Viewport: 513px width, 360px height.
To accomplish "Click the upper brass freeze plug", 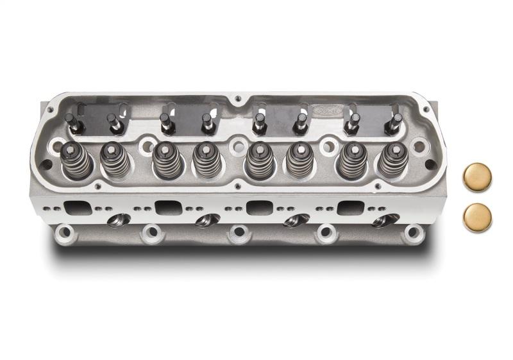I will (477, 177).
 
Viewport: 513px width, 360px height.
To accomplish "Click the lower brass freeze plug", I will (477, 218).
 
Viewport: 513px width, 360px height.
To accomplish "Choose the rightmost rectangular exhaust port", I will (350, 207).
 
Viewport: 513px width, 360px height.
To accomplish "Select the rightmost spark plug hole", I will (385, 220).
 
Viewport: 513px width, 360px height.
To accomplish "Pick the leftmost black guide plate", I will (96, 119).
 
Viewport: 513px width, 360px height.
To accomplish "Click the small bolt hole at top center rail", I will (238, 99).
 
